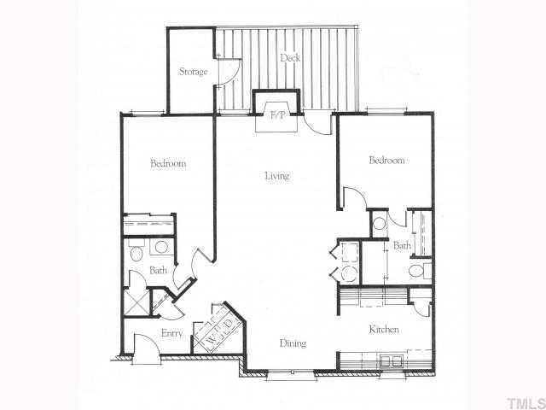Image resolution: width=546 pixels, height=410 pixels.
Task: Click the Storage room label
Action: [x=193, y=72]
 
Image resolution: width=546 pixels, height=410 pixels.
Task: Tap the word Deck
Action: [x=288, y=58]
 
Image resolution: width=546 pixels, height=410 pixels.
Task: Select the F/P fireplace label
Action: [x=277, y=114]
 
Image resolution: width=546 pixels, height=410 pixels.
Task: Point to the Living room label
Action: [x=276, y=176]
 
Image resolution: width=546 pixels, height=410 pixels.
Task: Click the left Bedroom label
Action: [x=168, y=163]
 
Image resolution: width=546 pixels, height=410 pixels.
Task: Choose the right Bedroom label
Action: [x=386, y=160]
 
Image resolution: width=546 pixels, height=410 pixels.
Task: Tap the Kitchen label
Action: [x=384, y=329]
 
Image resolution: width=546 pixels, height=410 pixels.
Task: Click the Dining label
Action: [x=293, y=343]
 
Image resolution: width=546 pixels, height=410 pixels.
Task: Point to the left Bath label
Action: [x=158, y=271]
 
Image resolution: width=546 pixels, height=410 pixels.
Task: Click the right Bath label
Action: [x=402, y=246]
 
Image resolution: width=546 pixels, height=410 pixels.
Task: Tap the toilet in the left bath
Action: [x=136, y=251]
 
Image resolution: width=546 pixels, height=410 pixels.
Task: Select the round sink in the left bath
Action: [x=160, y=248]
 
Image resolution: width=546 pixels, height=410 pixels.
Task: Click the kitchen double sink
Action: [x=390, y=360]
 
